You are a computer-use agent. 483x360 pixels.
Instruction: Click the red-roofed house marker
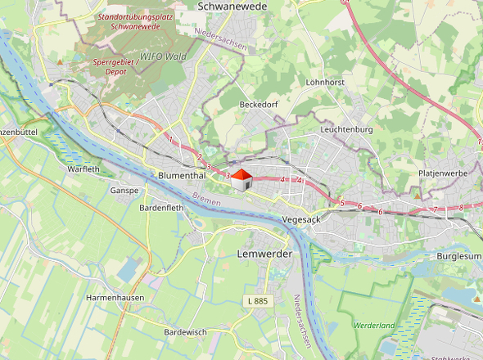click(x=241, y=180)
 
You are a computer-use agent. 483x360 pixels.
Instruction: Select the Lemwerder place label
click(x=264, y=254)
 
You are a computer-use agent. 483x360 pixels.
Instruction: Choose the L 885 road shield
click(x=256, y=302)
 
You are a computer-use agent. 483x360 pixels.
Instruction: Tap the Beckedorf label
click(x=260, y=106)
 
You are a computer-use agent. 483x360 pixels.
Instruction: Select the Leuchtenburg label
click(x=347, y=130)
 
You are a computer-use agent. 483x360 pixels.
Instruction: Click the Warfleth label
click(x=84, y=169)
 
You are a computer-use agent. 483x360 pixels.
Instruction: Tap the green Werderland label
click(x=375, y=326)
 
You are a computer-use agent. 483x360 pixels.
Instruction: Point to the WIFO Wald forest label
click(x=162, y=57)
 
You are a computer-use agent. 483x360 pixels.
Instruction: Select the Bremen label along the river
click(x=207, y=199)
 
